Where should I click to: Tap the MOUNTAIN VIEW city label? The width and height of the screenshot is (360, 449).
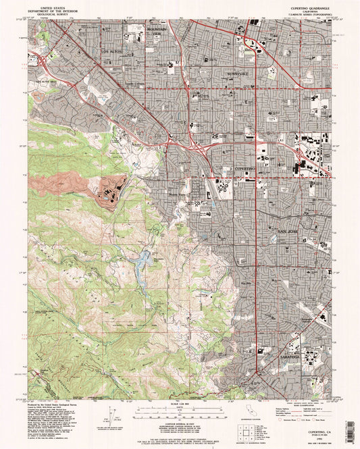pos(155,34)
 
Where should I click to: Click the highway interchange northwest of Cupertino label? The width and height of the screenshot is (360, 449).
pos(197,144)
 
